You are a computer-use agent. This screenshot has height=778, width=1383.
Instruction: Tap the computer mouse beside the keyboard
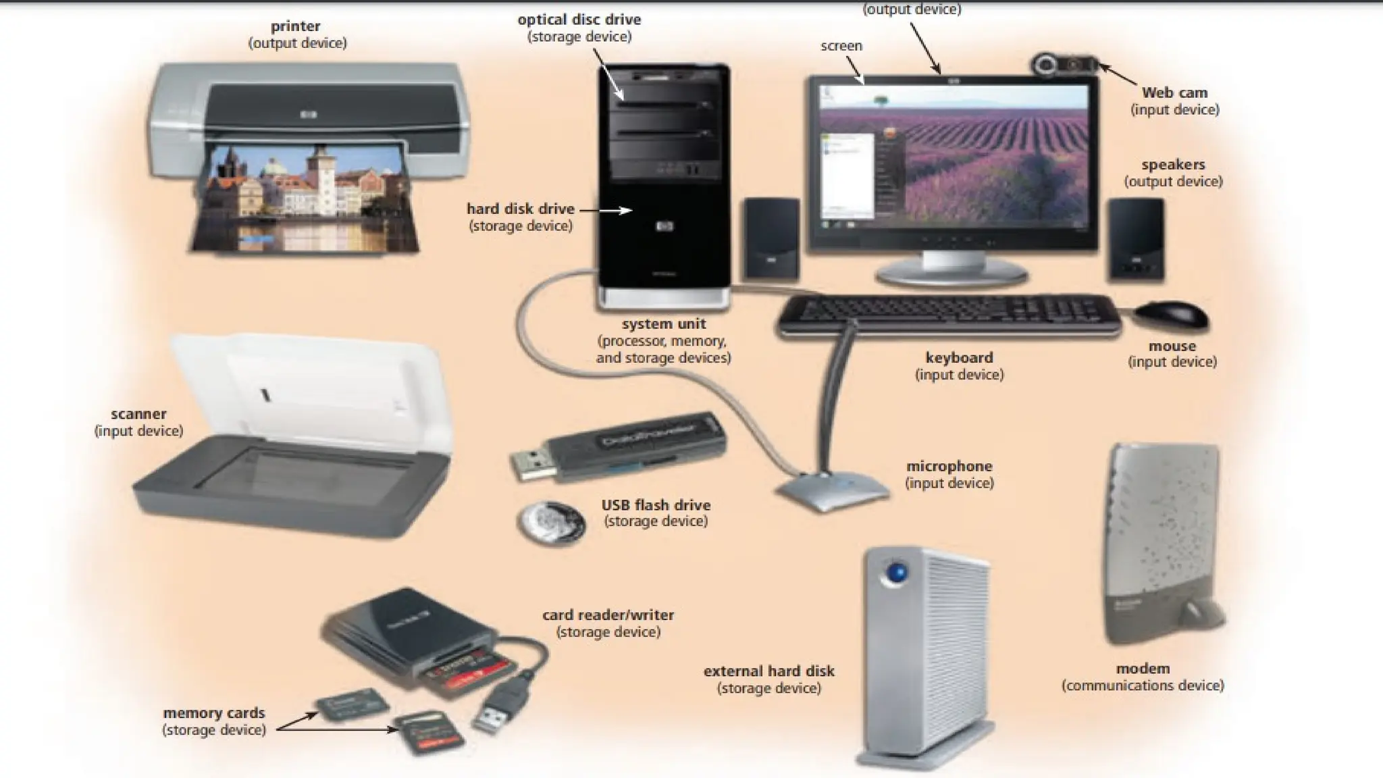(1171, 316)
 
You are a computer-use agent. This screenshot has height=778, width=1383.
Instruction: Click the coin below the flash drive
(550, 521)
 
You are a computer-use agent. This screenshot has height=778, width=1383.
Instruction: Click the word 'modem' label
(1143, 669)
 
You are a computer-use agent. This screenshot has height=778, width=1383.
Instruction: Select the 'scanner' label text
(138, 414)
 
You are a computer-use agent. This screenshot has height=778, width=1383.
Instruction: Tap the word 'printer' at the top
(296, 26)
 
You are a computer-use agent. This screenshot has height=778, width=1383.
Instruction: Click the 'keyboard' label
(959, 357)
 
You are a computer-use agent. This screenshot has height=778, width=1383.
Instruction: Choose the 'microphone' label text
(949, 466)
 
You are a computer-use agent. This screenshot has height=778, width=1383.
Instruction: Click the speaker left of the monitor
(772, 239)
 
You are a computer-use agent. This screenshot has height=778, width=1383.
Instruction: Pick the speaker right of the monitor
(1136, 239)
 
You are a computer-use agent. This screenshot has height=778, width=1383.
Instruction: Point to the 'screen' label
(841, 46)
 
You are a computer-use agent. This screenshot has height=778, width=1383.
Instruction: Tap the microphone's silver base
(833, 489)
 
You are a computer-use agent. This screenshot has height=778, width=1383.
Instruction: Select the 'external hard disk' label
(768, 671)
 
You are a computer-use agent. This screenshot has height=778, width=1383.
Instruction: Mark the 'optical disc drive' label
(579, 20)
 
